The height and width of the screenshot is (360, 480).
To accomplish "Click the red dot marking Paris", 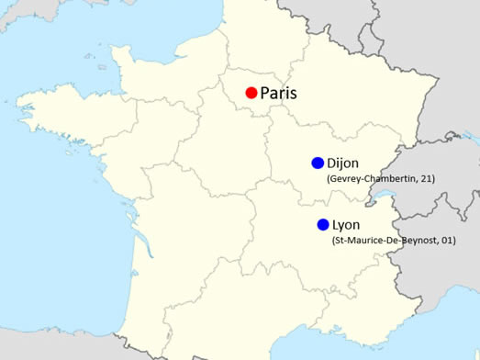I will (251, 93).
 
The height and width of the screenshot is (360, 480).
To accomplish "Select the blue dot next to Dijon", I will (318, 163).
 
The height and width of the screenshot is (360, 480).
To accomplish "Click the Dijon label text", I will (342, 163).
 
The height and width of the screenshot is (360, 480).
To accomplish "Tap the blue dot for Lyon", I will (323, 225).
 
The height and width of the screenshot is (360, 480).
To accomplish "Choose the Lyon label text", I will (345, 225).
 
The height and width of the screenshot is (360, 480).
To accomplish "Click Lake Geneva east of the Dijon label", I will (377, 196).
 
